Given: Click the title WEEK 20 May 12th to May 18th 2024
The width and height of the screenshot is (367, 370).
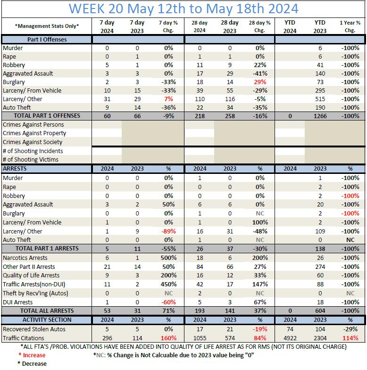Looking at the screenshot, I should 183,9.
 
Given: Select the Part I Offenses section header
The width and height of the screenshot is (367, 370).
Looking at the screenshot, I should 47,40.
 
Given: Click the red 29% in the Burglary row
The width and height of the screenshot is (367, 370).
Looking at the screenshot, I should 259,82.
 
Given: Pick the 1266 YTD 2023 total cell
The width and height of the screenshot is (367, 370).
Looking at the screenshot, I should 320,116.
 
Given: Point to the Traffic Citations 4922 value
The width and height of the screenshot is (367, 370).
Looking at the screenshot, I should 290,338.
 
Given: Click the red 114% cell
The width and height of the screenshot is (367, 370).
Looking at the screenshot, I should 350,338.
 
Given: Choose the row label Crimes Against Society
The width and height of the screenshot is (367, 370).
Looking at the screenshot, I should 33,142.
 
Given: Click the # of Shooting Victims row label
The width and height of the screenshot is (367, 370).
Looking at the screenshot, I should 31,160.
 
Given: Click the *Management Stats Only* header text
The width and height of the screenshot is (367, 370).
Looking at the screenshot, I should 47,26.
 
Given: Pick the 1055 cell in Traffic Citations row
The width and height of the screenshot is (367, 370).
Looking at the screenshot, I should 200,338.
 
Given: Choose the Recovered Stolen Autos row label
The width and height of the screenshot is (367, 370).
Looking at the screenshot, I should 34,329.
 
